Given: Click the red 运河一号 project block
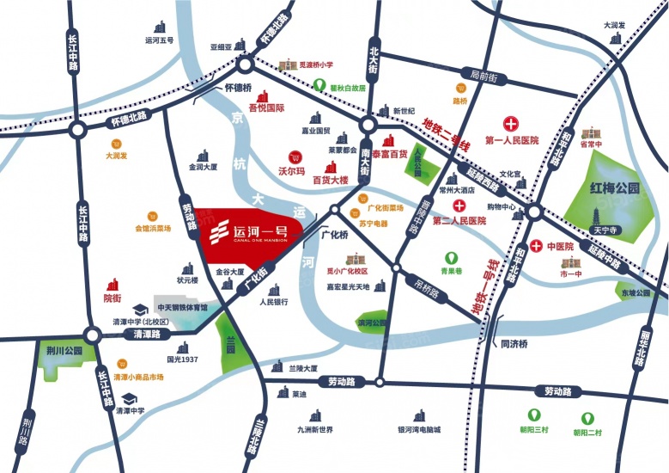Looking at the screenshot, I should pyautogui.click(x=249, y=234).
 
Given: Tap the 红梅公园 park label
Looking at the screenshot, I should pyautogui.click(x=615, y=187).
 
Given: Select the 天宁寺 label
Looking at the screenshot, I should pyautogui.click(x=606, y=230).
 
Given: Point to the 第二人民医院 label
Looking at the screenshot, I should pyautogui.click(x=459, y=221).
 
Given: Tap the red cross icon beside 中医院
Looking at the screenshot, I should pyautogui.click(x=537, y=247).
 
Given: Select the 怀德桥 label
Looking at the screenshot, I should pyautogui.click(x=237, y=88).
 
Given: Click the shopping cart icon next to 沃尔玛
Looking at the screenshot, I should pyautogui.click(x=296, y=157).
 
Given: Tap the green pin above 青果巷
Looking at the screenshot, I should pyautogui.click(x=452, y=257).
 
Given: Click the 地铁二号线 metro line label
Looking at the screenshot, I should pyautogui.click(x=447, y=136).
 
